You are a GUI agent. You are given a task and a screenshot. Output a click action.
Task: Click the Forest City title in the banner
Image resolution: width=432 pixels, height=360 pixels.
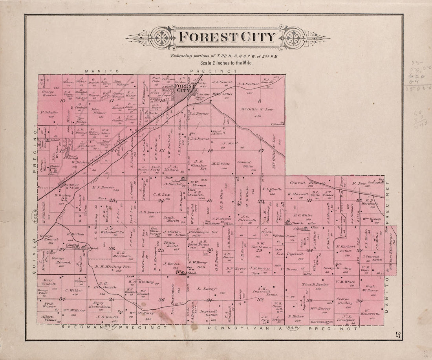click(227, 37)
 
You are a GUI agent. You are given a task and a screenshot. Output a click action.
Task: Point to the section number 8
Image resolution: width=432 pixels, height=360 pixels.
click(260, 101)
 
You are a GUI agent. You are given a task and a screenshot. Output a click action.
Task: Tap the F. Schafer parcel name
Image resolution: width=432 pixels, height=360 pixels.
click(49, 112)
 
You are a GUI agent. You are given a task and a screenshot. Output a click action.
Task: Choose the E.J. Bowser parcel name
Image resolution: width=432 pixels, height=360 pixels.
click(103, 187)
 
